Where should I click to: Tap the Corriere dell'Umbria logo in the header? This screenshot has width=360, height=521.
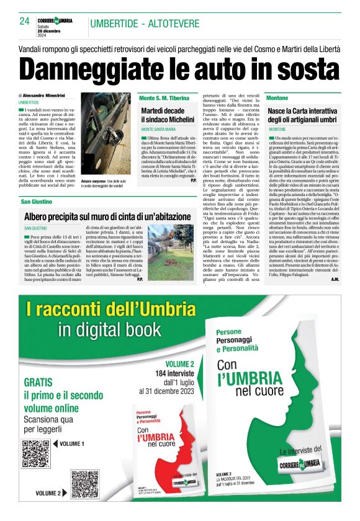55,20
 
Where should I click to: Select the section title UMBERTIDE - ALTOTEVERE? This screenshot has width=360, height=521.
144,24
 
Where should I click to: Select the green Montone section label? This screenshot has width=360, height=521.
277,99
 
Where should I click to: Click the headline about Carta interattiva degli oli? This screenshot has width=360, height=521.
302,115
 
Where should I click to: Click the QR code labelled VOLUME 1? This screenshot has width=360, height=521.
36,453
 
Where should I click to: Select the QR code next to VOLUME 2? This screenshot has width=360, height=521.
84,484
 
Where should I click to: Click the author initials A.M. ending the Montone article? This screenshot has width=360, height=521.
335,280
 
